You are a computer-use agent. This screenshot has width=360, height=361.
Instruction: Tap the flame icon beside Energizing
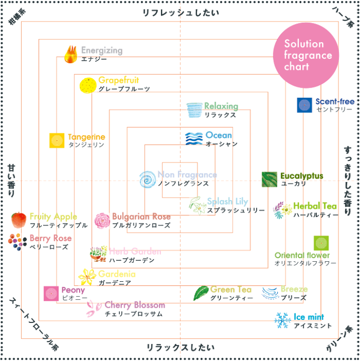click(x=72, y=53)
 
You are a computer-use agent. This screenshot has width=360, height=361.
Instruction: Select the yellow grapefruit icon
click(x=88, y=85)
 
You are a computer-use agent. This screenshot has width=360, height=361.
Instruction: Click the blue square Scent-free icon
click(x=304, y=105)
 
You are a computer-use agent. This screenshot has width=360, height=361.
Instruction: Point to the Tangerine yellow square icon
click(x=57, y=140)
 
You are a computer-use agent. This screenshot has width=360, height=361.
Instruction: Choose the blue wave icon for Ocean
click(x=194, y=139)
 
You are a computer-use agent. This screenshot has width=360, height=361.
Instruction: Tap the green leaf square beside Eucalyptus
click(x=269, y=179)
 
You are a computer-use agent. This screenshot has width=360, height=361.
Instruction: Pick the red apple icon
click(x=19, y=220)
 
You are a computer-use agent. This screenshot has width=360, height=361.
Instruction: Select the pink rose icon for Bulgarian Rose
click(x=102, y=220)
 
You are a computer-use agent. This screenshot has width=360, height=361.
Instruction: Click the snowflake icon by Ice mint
click(x=283, y=320)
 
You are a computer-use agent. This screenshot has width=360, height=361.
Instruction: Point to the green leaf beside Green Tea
click(x=201, y=293)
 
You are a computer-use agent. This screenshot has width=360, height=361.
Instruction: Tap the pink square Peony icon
click(x=51, y=293)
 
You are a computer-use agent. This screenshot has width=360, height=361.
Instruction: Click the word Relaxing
click(x=221, y=106)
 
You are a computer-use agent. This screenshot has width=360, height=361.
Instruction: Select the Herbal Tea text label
click(x=315, y=206)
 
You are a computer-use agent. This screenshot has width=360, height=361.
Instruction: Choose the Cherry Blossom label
click(x=134, y=305)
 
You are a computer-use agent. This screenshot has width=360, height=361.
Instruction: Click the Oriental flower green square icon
click(x=321, y=243)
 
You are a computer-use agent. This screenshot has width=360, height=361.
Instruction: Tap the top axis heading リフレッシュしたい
click(x=181, y=13)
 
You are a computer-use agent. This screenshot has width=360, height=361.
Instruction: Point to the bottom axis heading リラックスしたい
click(x=181, y=347)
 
